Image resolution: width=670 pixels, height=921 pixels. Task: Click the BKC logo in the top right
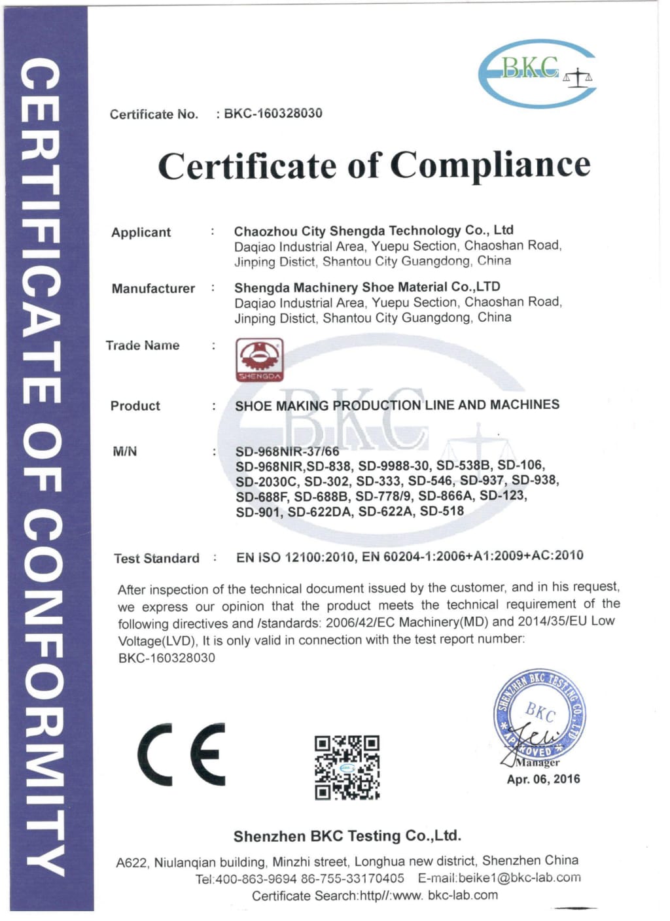537,73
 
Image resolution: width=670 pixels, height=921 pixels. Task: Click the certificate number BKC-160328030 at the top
273,113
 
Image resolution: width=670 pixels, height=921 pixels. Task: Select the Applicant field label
141,232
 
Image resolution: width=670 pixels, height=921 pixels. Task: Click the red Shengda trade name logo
259,359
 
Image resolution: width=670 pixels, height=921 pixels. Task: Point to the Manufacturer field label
153,288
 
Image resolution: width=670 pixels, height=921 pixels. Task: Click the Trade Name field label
143,345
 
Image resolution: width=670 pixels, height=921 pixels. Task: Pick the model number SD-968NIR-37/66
287,451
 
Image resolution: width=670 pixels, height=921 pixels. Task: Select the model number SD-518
442,511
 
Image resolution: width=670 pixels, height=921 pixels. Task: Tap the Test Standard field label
156,558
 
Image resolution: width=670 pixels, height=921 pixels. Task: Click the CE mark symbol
181,754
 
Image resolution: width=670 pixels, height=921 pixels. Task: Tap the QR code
347,767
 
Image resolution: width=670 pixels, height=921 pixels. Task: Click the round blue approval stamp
539,716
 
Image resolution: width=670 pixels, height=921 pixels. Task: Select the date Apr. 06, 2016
543,779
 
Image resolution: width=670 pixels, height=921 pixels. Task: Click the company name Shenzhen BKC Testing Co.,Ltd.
347,836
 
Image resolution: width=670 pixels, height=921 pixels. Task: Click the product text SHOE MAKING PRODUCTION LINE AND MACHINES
397,405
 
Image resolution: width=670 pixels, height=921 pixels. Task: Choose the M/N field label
125,451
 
